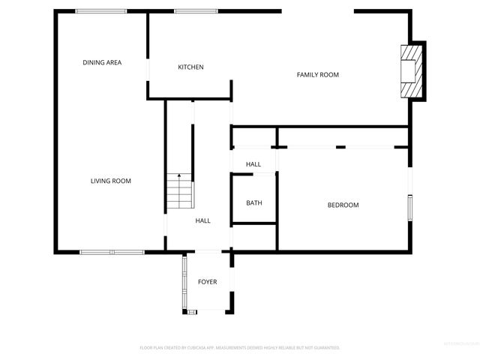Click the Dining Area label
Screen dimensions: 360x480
point(102,62)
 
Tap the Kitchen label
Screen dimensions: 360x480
point(190,67)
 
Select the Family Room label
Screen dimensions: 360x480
point(318,74)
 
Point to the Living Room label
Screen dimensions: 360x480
point(111,181)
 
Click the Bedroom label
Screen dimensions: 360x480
point(343,205)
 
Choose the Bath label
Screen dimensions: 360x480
point(254,202)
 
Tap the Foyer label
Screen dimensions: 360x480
point(208,282)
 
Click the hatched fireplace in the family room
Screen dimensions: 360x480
point(412,70)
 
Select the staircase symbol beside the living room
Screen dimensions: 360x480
point(180,191)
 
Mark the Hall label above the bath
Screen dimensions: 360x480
point(253,164)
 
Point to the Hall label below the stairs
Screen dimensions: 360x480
point(203,221)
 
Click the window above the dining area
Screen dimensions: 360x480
point(100,11)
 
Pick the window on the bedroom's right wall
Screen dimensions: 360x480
point(409,207)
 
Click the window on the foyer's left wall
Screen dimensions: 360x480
point(184,283)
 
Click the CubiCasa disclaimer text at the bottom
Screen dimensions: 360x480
point(240,348)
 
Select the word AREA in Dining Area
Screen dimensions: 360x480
point(112,62)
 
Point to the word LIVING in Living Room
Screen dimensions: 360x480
point(100,181)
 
